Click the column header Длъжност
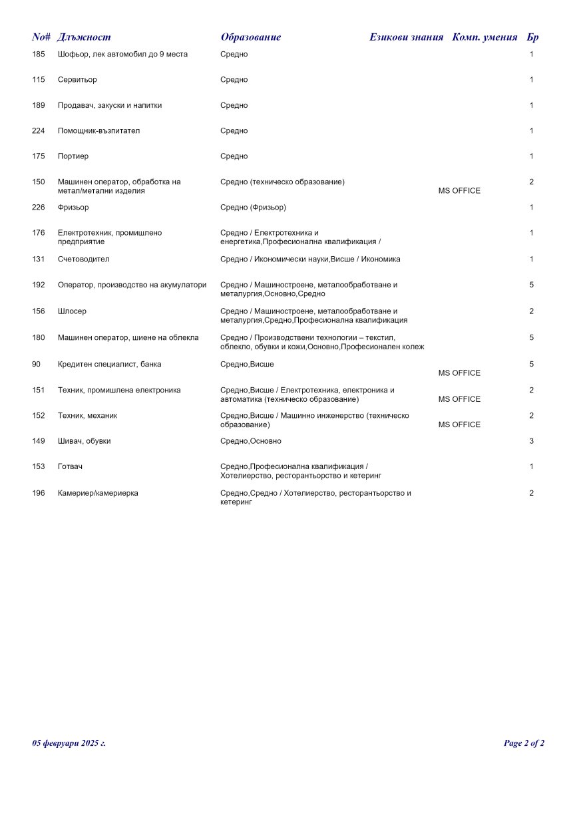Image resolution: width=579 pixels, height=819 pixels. coord(84,37)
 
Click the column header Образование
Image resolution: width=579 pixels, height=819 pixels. coord(250,37)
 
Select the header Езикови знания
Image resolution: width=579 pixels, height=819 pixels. coord(406,37)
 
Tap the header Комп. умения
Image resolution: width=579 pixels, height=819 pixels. coord(484,37)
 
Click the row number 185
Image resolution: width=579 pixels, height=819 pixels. coord(39,54)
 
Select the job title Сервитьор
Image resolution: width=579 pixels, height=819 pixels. coord(77,80)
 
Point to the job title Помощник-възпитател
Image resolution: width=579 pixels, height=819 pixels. coord(98,131)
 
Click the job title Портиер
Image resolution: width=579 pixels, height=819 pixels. coord(73,156)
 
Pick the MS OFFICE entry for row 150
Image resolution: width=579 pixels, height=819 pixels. coord(459,191)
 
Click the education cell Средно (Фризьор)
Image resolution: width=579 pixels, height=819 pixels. coord(253,208)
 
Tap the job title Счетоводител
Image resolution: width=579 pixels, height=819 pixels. coord(83,259)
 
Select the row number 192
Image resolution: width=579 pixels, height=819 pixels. coord(39,285)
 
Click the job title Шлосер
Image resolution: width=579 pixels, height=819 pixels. coord(72,311)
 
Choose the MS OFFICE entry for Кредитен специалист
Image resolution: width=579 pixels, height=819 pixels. coord(459,373)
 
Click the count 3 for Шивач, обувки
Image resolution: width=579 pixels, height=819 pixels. coord(531,441)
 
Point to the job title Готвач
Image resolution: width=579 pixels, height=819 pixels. coord(70,467)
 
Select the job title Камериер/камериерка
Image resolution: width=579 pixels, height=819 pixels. coord(98,494)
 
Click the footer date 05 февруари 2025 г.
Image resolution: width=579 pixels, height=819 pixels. coord(69,743)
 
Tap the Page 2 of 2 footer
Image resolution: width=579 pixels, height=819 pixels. coord(524,743)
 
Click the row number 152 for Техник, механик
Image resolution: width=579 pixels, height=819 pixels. coord(39,416)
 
